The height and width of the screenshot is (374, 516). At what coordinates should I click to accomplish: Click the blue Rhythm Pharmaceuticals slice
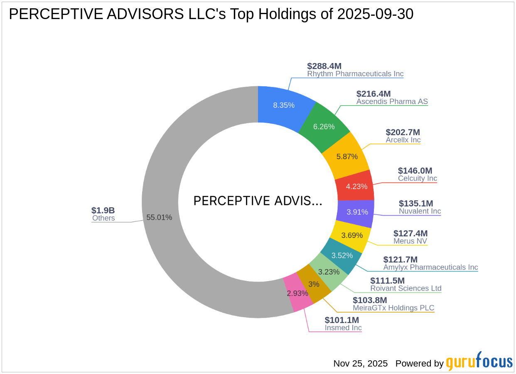pyautogui.click(x=284, y=105)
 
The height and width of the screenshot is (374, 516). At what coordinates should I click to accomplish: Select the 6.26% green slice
pyautogui.click(x=324, y=126)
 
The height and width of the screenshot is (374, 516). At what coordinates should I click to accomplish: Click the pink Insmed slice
pyautogui.click(x=297, y=293)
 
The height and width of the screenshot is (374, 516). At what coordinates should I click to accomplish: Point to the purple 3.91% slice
pyautogui.click(x=357, y=212)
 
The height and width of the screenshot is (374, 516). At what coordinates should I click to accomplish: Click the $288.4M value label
pyautogui.click(x=324, y=66)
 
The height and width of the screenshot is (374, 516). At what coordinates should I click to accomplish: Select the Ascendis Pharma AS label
pyautogui.click(x=392, y=102)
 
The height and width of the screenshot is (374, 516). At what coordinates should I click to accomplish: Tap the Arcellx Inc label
pyautogui.click(x=403, y=140)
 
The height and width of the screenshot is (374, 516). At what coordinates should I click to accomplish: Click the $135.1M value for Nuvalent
pyautogui.click(x=416, y=203)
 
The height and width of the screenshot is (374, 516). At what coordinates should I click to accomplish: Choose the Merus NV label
pyautogui.click(x=410, y=241)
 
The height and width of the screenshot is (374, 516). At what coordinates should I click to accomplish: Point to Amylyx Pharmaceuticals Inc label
pyautogui.click(x=430, y=267)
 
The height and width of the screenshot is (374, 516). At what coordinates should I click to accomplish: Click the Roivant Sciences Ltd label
pyautogui.click(x=405, y=289)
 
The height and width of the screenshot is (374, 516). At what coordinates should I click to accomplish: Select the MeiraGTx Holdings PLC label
pyautogui.click(x=393, y=308)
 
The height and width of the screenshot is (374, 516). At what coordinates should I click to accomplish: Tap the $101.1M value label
pyautogui.click(x=342, y=320)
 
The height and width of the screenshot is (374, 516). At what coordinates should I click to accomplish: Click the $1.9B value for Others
pyautogui.click(x=103, y=210)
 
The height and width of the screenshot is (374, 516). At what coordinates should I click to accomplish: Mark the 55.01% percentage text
pyautogui.click(x=159, y=217)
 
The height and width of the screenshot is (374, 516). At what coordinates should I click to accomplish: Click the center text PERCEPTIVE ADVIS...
pyautogui.click(x=258, y=201)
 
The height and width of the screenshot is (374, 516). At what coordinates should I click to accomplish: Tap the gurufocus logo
pyautogui.click(x=479, y=362)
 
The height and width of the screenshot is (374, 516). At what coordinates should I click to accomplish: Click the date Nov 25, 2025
pyautogui.click(x=360, y=364)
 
